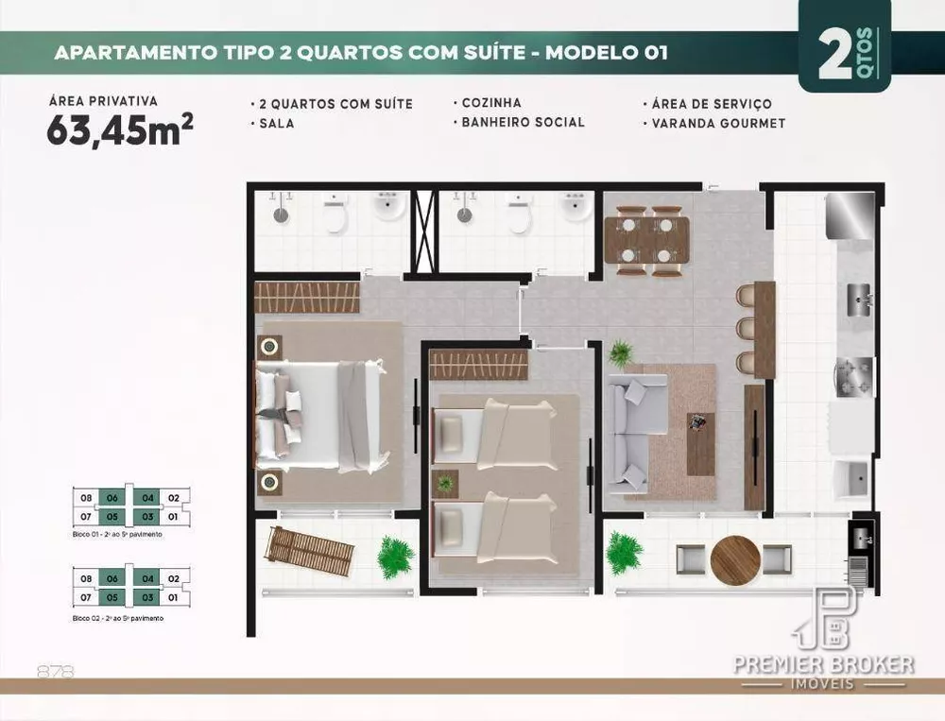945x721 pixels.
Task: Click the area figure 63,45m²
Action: [x=120, y=130]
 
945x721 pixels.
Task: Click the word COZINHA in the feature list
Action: [x=490, y=102]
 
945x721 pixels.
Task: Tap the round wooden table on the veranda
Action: [x=735, y=560]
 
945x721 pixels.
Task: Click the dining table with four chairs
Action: [x=647, y=241]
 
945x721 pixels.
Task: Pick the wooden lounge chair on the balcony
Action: [x=309, y=551]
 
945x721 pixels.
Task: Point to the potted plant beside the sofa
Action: [x=621, y=353]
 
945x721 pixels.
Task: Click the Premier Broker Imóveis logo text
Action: [x=824, y=664]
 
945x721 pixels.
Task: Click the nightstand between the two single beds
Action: [x=444, y=483]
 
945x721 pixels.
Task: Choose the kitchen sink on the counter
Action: [x=859, y=299]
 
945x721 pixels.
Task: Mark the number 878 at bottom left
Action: [x=55, y=672]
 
